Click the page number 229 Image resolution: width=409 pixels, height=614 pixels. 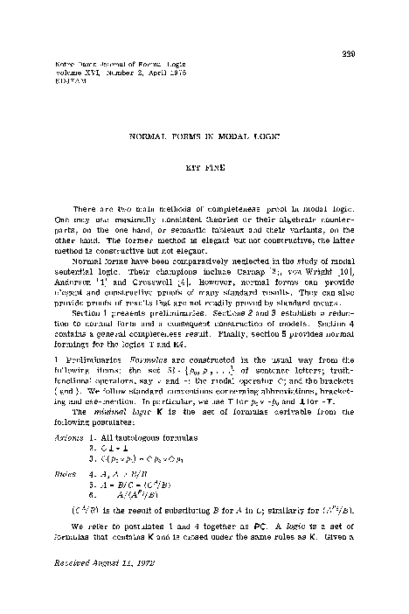[350, 52]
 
